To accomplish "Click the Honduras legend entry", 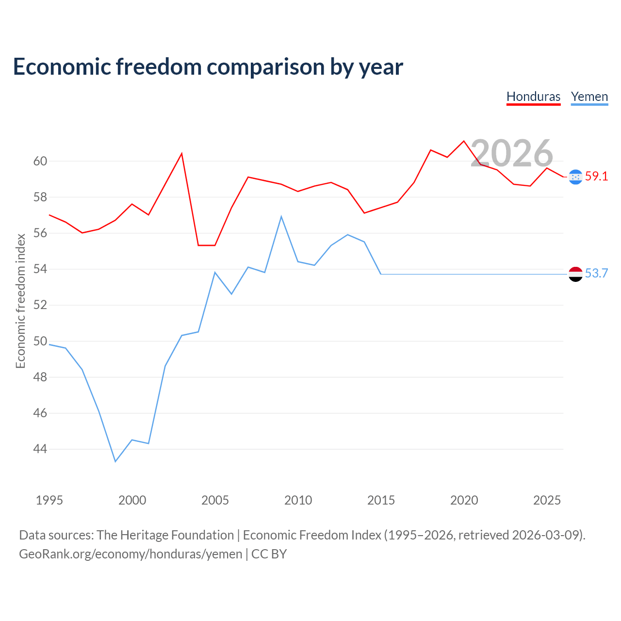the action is (533, 97).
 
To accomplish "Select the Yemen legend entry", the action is (589, 97).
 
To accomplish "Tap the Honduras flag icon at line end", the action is (575, 177).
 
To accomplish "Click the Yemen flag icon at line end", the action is (575, 274).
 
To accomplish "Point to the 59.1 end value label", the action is (596, 176).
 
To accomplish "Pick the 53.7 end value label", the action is (596, 273).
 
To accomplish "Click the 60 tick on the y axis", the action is (40, 161).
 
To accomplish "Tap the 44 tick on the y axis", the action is (40, 449).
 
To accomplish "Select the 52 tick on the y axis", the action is (40, 305).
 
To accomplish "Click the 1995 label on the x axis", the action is (49, 500).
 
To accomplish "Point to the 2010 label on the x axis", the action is (298, 500).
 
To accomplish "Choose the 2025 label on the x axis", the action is (547, 500).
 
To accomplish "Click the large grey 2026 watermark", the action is (512, 153).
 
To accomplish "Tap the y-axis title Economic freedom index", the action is (21, 301).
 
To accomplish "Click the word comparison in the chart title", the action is (266, 67).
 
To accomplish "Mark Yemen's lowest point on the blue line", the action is (115, 461).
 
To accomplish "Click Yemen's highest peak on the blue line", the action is (281, 216).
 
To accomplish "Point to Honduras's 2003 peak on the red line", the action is (182, 154).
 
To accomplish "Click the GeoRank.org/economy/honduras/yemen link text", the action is (131, 555).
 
